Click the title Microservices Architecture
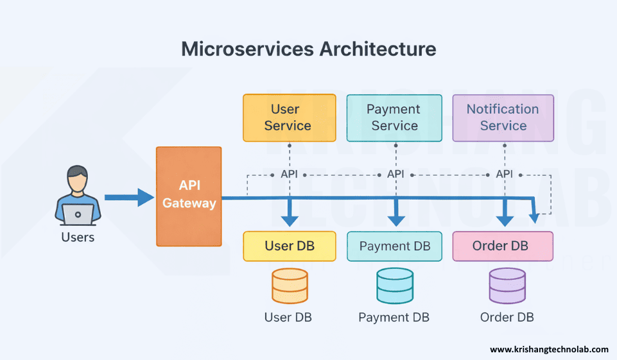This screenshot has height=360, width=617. (x=308, y=49)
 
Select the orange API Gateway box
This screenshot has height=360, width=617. (x=189, y=196)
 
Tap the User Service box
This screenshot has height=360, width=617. (x=289, y=117)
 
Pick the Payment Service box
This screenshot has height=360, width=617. (x=394, y=117)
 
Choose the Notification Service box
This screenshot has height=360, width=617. (x=503, y=117)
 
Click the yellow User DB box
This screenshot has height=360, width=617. (x=289, y=246)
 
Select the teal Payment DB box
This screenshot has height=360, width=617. (x=394, y=246)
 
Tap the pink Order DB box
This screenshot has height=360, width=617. (x=503, y=246)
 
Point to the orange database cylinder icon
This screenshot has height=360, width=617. (x=290, y=286)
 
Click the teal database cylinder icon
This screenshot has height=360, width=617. (x=394, y=286)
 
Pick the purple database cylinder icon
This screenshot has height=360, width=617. (x=507, y=286)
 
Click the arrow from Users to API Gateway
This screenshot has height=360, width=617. (x=129, y=197)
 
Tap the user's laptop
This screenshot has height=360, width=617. (x=78, y=215)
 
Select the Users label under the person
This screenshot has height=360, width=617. (x=78, y=237)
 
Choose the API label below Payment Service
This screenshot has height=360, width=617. (x=395, y=174)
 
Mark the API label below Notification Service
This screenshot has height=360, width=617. (x=504, y=174)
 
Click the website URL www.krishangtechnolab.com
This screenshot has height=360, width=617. (x=549, y=349)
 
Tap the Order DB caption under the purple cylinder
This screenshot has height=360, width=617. (x=507, y=317)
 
